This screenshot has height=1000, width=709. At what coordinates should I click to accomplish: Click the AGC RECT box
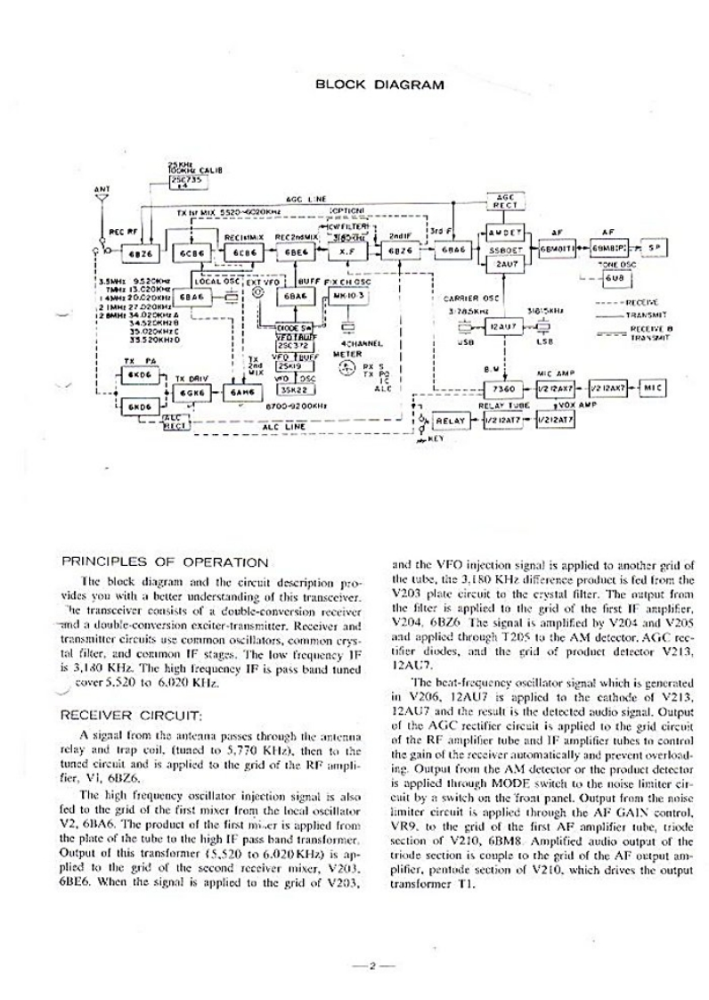[506, 201]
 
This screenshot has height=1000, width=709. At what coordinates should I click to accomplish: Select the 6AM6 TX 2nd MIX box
[239, 393]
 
